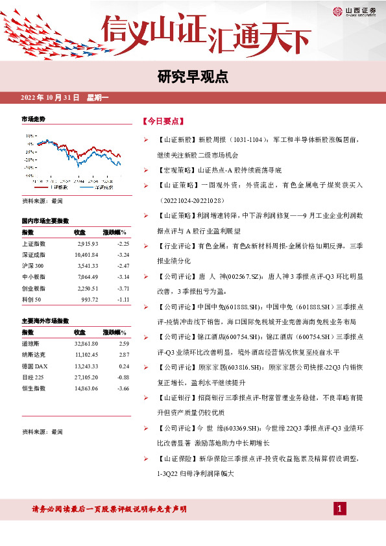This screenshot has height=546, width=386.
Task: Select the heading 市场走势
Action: click(34, 120)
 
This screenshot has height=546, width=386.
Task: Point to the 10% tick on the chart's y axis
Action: click(30, 136)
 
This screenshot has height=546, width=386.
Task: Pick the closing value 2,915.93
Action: click(86, 243)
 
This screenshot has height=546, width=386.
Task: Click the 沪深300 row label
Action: click(33, 266)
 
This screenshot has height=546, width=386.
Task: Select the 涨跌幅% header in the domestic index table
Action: click(115, 231)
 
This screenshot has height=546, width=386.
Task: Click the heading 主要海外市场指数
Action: click(45, 321)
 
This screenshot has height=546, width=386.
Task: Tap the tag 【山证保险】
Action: click(176, 458)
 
